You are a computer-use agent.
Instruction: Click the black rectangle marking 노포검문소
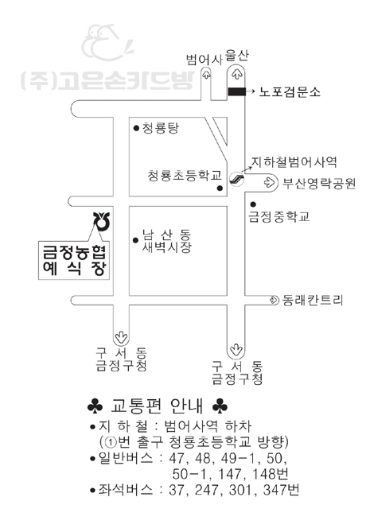(236, 91)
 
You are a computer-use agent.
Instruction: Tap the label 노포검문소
(290, 91)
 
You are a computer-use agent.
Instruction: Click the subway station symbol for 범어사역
(236, 179)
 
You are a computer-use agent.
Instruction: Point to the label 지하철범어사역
(294, 162)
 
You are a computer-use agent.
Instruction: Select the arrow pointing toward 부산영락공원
(269, 183)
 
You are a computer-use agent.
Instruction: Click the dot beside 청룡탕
(136, 128)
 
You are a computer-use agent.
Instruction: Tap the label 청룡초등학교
(185, 176)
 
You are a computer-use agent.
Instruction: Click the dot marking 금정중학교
(253, 204)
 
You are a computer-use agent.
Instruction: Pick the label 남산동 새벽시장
(166, 241)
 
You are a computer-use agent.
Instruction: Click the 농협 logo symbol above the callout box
(102, 221)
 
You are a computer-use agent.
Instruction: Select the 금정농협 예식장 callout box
(74, 260)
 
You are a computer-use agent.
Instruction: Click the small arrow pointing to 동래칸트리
(274, 301)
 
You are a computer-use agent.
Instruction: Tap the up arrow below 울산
(236, 74)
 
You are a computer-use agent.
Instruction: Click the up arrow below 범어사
(206, 75)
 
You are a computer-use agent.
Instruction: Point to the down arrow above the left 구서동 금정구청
(121, 337)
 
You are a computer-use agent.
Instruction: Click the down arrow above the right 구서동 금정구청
(236, 349)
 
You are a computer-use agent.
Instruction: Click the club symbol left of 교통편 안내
(95, 406)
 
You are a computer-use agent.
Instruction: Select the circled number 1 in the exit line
(111, 442)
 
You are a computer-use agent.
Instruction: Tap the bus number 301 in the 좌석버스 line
(240, 490)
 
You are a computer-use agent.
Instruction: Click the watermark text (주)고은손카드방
(107, 81)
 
